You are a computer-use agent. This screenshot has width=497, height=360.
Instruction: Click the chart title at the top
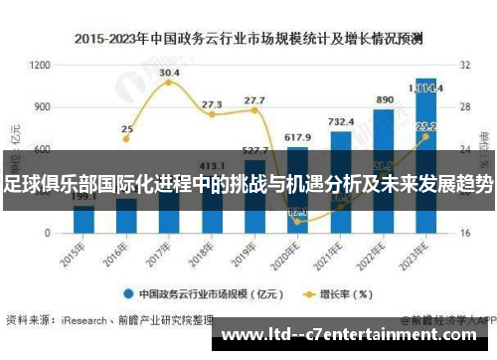click(x=248, y=39)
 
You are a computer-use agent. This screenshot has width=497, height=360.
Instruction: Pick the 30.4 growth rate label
click(x=169, y=74)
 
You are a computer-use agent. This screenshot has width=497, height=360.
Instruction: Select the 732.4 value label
click(x=341, y=121)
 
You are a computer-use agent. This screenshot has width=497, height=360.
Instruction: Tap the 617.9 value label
click(x=298, y=136)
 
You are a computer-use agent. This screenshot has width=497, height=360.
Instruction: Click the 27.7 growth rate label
click(x=254, y=100)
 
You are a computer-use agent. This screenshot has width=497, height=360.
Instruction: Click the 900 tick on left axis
click(x=42, y=106)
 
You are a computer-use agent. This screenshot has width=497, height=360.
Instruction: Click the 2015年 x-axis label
click(x=75, y=251)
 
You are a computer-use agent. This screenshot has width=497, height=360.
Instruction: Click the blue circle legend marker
click(x=129, y=293)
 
